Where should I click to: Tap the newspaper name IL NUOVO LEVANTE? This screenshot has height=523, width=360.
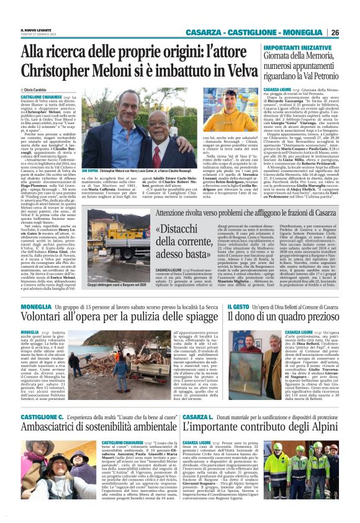click(x=36, y=30)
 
